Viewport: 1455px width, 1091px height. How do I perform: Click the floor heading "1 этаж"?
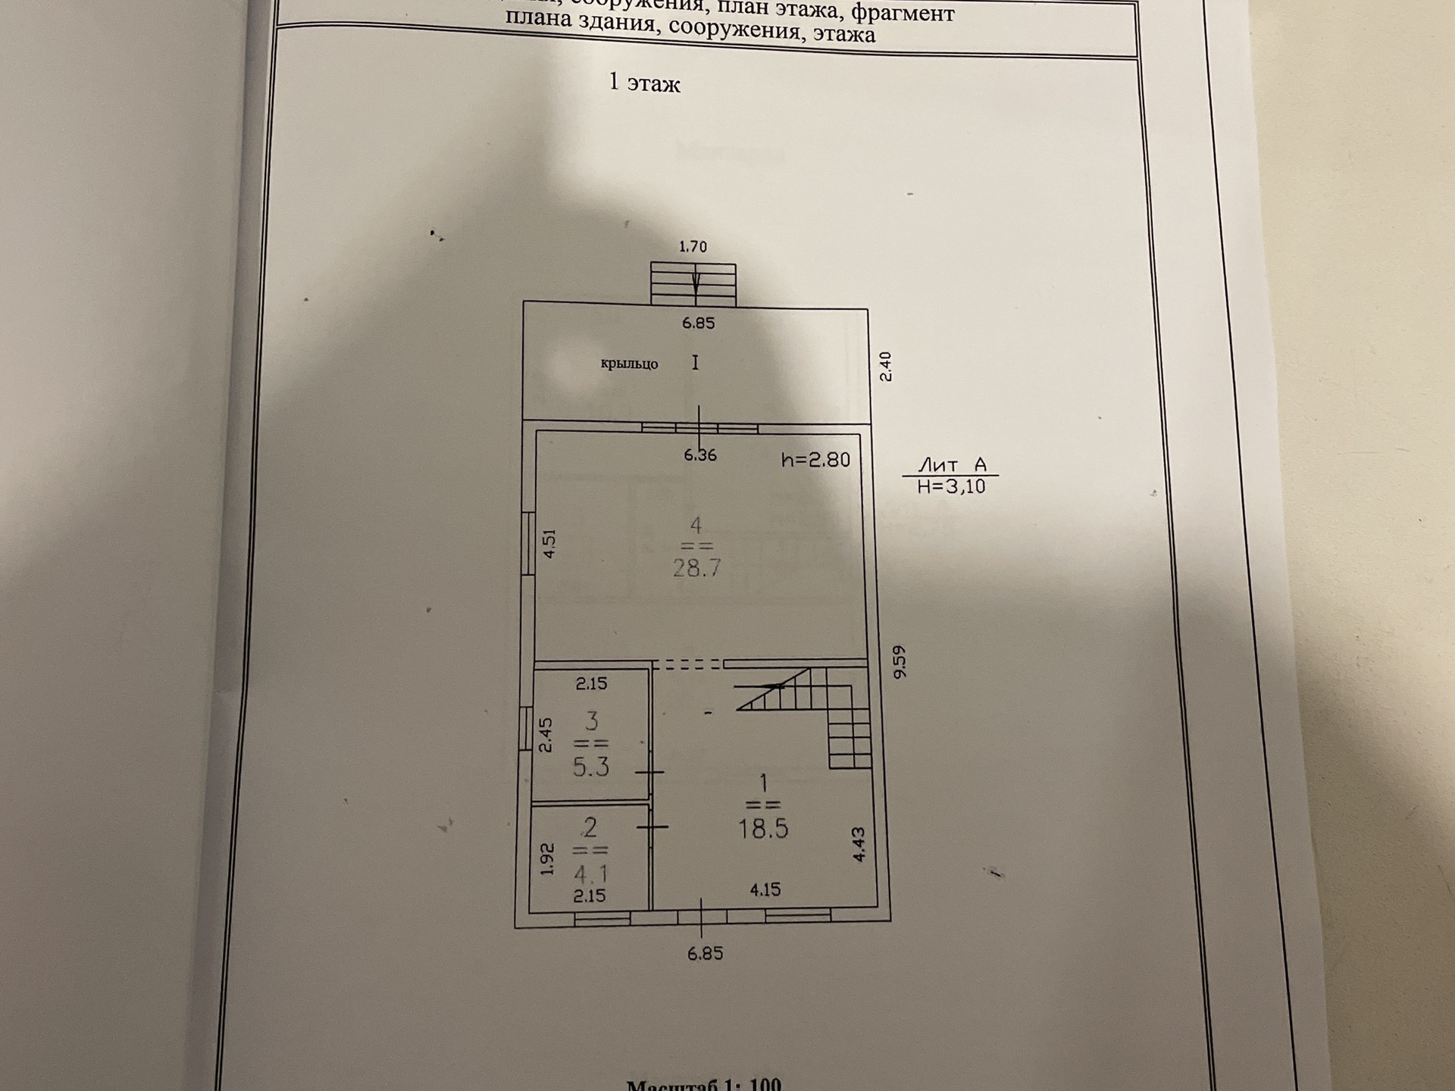[x=644, y=83]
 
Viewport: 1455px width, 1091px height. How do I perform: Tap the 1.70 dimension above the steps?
[x=693, y=247]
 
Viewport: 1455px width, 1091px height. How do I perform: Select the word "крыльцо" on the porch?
[x=629, y=364]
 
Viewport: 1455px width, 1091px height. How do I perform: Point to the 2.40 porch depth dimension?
[x=885, y=367]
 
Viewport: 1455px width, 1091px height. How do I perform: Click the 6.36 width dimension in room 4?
[x=699, y=455]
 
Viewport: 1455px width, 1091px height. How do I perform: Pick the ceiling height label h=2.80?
[x=815, y=460]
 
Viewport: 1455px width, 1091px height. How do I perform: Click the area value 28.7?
[x=696, y=567]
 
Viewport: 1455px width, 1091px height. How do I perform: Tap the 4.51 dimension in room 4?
[x=550, y=543]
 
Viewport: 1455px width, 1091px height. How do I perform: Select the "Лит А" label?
[x=952, y=464]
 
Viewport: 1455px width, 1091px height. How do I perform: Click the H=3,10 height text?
[x=952, y=486]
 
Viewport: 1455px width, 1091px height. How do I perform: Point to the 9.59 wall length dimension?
[x=899, y=661]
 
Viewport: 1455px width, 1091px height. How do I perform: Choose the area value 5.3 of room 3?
[x=591, y=767]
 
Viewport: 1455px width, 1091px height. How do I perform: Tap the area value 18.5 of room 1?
[x=763, y=828]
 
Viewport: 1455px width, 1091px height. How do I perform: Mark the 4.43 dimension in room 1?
[x=859, y=844]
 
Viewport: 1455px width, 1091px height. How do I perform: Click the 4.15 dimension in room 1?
[x=765, y=889]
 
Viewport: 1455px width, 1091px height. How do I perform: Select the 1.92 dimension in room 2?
[x=547, y=859]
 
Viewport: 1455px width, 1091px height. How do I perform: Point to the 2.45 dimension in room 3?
[x=546, y=735]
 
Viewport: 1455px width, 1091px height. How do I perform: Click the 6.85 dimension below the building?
[x=705, y=954]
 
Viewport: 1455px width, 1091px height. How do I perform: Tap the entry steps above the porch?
[x=693, y=283]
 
